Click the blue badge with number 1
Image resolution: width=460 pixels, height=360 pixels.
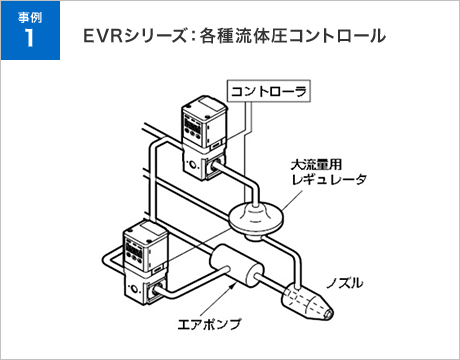[30, 30]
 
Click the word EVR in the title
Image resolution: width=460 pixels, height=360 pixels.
[102, 36]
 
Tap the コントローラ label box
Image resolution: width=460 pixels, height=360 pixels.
[269, 91]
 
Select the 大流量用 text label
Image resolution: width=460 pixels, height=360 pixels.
[316, 164]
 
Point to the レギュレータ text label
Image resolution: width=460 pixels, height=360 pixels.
[329, 179]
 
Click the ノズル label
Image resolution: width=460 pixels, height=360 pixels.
[345, 283]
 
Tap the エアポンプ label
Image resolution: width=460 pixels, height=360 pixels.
[209, 324]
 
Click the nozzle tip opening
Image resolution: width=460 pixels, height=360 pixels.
[328, 313]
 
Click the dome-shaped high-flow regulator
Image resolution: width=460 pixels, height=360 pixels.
[256, 219]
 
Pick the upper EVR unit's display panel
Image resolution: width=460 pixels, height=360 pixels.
[193, 128]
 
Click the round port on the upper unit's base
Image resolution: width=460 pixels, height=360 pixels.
[193, 165]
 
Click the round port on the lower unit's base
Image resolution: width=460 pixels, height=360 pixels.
[134, 288]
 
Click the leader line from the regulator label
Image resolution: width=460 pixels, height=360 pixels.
[292, 201]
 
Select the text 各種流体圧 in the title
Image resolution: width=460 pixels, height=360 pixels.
[243, 36]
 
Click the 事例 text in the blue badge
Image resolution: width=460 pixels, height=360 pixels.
[30, 17]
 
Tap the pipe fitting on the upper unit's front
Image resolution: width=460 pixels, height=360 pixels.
[214, 165]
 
